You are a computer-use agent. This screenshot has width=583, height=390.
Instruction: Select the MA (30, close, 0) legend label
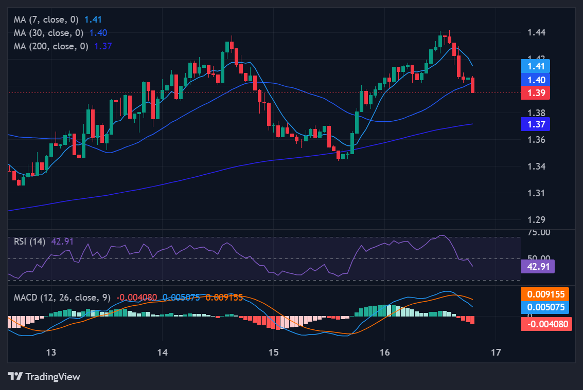click(50, 32)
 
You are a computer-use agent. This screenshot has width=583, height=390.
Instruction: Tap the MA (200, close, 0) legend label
click(52, 46)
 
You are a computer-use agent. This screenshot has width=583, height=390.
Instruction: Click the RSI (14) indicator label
click(29, 241)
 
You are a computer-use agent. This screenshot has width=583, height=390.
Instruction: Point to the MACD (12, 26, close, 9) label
click(62, 298)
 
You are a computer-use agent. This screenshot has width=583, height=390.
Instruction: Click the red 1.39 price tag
click(535, 93)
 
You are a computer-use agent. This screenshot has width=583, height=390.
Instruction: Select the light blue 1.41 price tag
click(535, 66)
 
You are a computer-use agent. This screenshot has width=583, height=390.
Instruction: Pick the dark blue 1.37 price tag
click(535, 124)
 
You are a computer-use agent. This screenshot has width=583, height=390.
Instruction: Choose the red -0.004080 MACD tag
click(546, 324)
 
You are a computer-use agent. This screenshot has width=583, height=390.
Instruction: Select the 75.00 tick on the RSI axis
click(539, 232)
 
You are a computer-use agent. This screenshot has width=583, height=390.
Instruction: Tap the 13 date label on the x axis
click(50, 352)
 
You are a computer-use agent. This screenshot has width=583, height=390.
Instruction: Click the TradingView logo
click(44, 377)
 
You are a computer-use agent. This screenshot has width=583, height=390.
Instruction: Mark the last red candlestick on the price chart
click(473, 85)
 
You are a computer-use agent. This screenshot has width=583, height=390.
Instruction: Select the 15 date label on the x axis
click(273, 352)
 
